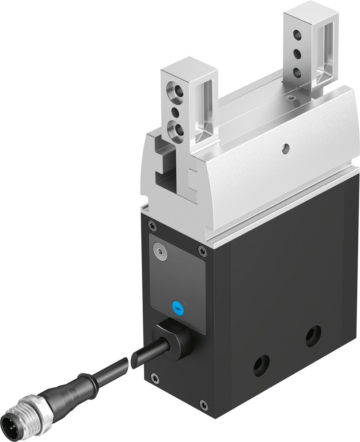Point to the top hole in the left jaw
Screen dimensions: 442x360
(174, 92)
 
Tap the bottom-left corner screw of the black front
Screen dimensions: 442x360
(153, 377)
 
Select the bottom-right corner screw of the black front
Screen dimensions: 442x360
(202, 404)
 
